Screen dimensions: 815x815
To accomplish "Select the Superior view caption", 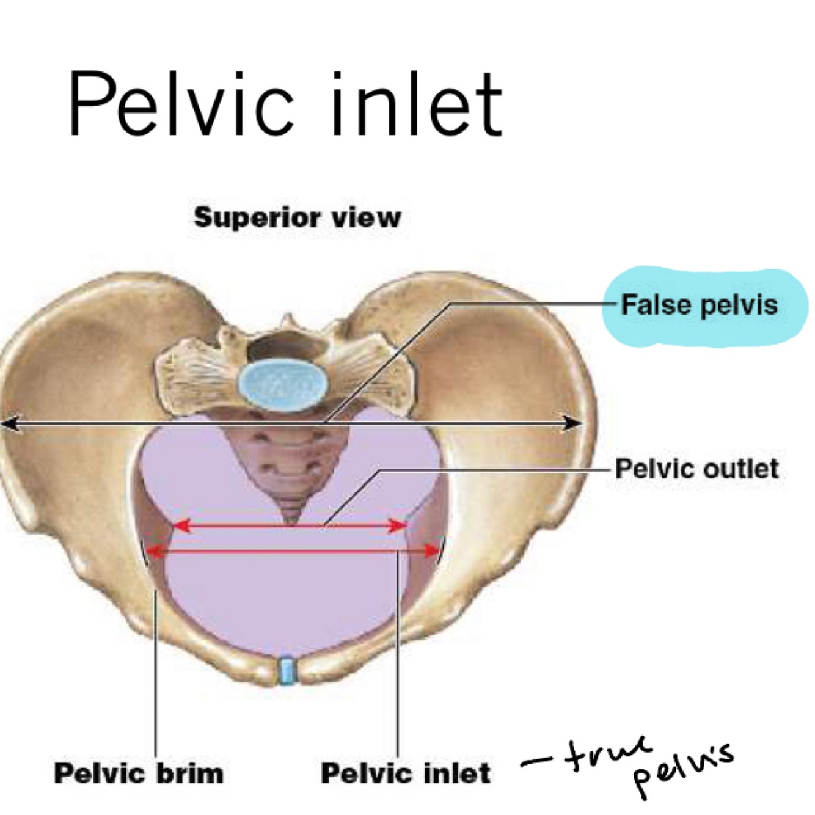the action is pyautogui.click(x=298, y=217).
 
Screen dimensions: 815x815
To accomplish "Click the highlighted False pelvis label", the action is pyautogui.click(x=700, y=304).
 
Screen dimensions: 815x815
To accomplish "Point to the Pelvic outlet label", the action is pyautogui.click(x=696, y=469).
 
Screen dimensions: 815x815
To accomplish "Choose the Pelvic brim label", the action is pyautogui.click(x=139, y=773).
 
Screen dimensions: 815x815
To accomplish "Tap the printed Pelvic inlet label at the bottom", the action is pyautogui.click(x=406, y=773).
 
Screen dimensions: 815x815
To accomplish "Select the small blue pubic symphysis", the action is pyautogui.click(x=285, y=670).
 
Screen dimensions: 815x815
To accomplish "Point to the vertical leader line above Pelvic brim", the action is pyautogui.click(x=156, y=672).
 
